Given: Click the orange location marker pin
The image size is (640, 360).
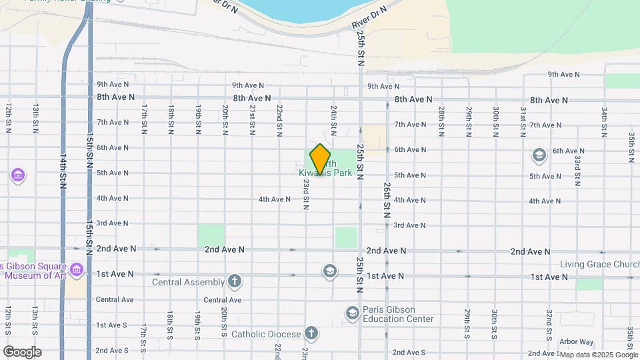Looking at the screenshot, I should tap(320, 159).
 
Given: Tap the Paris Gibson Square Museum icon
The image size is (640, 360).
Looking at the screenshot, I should tap(76, 270).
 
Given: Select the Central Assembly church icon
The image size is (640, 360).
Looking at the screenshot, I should tap(234, 281).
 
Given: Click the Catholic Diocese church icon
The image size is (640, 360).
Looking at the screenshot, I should tap(310, 333).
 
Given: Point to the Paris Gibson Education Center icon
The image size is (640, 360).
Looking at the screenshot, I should tap(352, 312).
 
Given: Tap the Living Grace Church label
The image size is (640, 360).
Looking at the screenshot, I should tap(599, 264).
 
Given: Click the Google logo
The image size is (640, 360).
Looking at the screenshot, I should tap(21, 352).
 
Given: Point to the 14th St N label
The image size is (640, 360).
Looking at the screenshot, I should tap(63, 172).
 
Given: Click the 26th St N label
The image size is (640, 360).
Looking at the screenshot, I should tap(387, 201).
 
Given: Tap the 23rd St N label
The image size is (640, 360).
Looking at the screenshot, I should tap(305, 194).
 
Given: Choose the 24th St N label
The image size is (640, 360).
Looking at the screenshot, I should tap(333, 118).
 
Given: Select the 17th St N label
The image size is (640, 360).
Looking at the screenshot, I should tap(144, 118).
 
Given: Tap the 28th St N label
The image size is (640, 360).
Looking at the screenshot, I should tap(441, 118).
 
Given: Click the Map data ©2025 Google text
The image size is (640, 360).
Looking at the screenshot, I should tap(598, 355).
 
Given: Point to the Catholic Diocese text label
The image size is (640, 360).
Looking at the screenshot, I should tap(267, 333).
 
